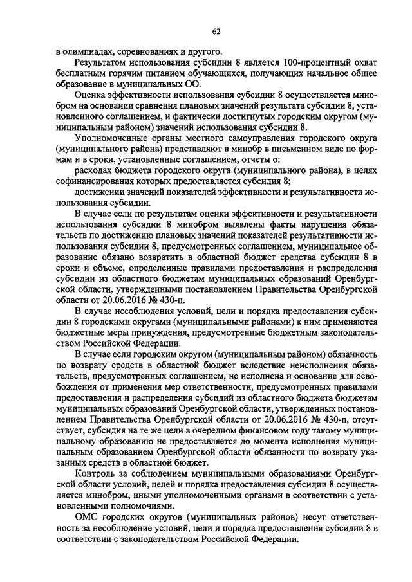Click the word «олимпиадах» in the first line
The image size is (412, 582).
[87, 52]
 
